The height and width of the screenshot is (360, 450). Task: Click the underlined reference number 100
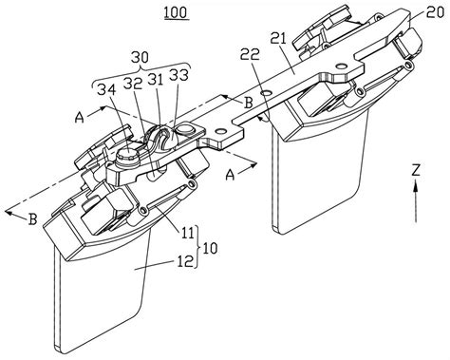coord(177,12)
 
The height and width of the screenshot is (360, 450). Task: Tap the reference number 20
coord(434,13)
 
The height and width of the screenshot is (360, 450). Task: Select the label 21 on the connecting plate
coord(278,39)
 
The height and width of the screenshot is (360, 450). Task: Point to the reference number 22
coord(250,54)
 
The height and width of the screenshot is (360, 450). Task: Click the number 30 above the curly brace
coord(140,57)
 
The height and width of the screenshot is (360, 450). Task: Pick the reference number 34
coord(105,90)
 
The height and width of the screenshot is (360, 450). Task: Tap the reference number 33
coord(178,75)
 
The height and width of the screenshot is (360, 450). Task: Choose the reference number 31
coord(156,80)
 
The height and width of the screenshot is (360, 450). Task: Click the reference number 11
coord(186,234)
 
